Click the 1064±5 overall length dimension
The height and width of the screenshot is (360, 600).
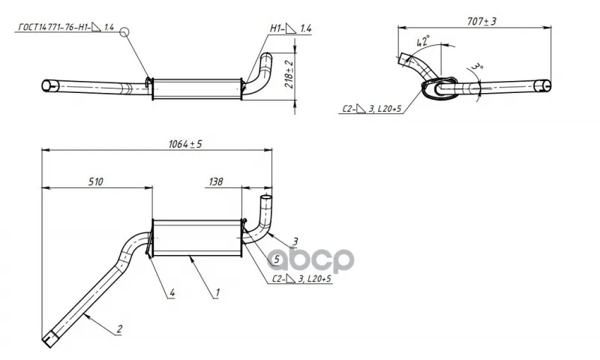click(185, 144)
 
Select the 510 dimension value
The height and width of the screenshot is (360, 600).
click(96, 181)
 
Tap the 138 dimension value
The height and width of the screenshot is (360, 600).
click(216, 181)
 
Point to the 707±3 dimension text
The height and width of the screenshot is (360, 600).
click(481, 22)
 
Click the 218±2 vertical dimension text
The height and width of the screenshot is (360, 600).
click(289, 74)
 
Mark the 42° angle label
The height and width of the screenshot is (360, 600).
click(423, 41)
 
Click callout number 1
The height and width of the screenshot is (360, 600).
click(217, 292)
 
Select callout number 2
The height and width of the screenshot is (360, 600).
click(119, 328)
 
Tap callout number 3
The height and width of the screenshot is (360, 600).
click(295, 241)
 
